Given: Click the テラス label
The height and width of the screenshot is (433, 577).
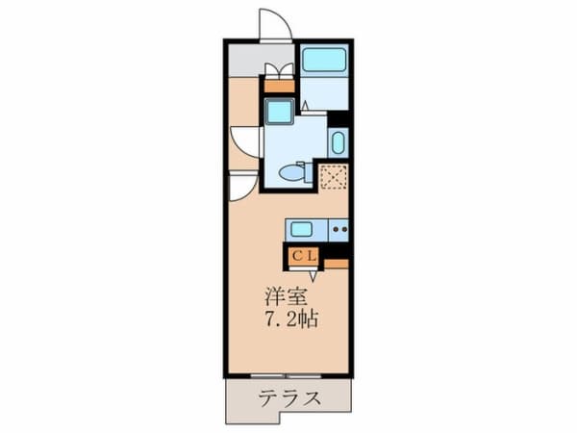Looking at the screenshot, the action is click(289, 398).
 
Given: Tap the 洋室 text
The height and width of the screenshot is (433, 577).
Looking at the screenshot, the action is click(286, 296).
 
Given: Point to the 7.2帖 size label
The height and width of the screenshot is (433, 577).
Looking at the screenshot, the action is click(291, 319).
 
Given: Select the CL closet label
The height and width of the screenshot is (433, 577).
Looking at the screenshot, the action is click(304, 256).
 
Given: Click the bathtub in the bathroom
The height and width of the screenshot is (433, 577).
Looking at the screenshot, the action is click(324, 60).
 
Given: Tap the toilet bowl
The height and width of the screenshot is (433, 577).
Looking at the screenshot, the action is click(293, 172).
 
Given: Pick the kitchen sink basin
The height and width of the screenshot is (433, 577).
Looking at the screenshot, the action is click(301, 229).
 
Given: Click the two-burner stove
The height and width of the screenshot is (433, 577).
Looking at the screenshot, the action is click(339, 230).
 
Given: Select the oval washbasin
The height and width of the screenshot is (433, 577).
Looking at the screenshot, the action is click(339, 142).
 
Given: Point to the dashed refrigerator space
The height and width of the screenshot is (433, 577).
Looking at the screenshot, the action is click(334, 177).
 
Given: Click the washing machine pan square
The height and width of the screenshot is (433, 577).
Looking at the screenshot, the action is click(279, 112).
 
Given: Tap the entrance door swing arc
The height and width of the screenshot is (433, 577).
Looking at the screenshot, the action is click(276, 23).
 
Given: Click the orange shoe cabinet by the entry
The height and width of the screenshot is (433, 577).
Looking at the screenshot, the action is click(279, 86).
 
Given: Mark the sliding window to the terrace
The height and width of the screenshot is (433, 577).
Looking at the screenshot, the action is click(286, 376).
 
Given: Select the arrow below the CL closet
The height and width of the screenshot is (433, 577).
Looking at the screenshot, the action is click(314, 275).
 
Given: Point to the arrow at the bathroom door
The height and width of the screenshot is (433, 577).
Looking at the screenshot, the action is click(304, 106).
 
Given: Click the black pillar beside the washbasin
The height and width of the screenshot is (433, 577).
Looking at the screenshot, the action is click(338, 119).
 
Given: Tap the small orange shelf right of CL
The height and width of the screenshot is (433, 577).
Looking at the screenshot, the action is click(336, 264).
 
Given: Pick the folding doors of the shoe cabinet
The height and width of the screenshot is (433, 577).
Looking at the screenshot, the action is click(279, 70).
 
